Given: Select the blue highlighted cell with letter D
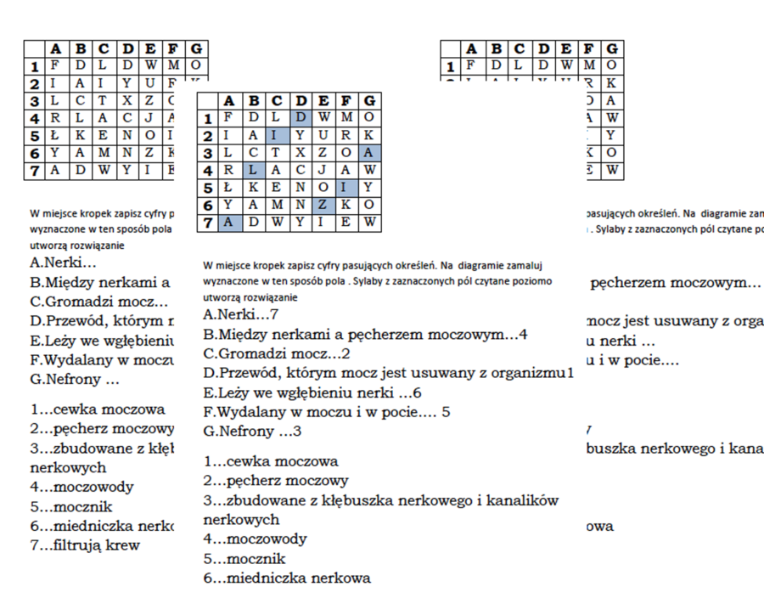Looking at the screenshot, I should tap(301, 116).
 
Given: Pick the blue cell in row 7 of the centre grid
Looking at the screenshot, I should tap(228, 223).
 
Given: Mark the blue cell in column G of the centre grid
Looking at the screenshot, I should tap(369, 152).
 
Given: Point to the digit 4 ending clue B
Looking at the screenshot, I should tap(523, 334).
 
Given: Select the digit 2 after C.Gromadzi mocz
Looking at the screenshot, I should tap(345, 353).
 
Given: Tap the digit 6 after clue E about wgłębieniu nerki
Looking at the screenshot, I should tap(417, 392).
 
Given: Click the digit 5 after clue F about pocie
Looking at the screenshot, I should tap(446, 412).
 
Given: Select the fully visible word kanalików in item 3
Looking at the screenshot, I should tap(526, 500).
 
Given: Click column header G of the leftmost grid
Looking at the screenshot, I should tap(197, 48).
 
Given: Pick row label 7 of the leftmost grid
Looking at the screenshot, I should tap(35, 170).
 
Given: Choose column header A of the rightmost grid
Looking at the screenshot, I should tap(471, 48).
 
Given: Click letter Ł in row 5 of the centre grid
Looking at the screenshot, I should tap(228, 188).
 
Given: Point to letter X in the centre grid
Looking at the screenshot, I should tap(301, 152).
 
